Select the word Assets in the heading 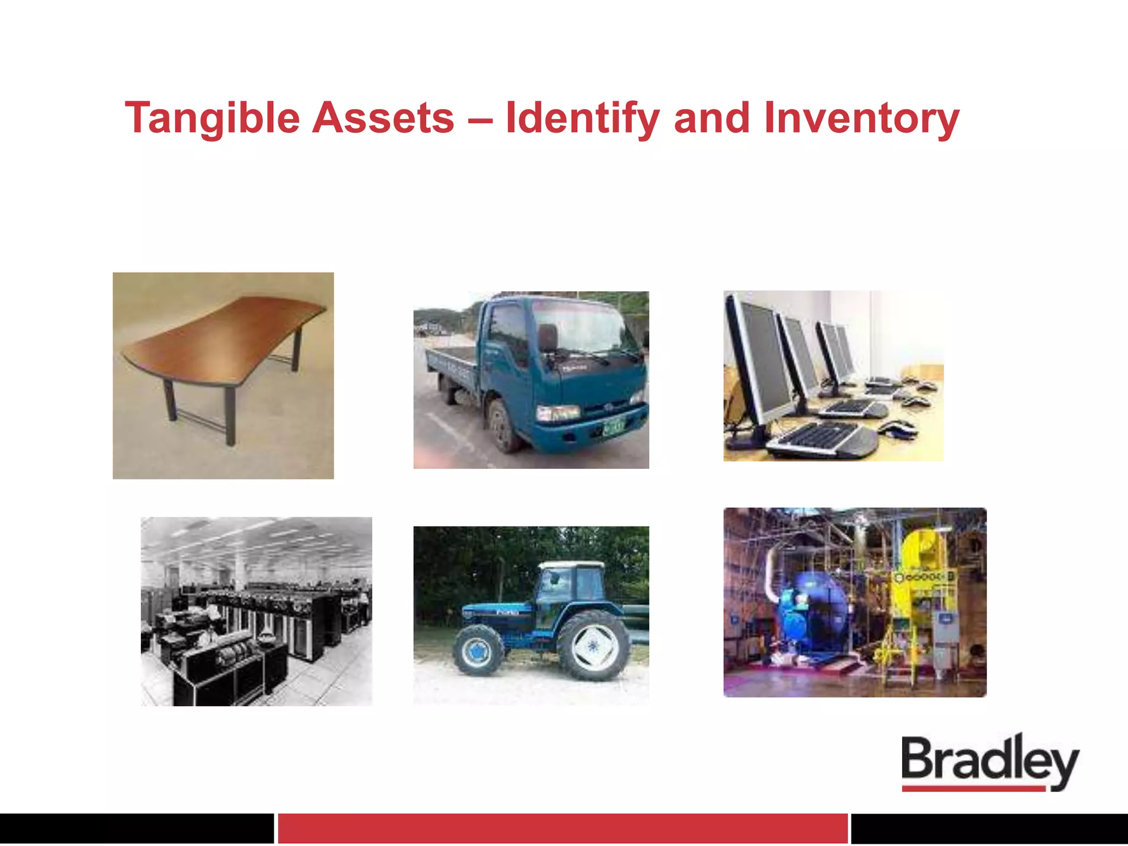pos(383,118)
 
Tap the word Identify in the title pos(582,118)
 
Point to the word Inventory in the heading pos(861,118)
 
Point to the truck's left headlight pos(558,413)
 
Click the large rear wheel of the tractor pos(594,646)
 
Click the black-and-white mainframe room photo pos(256,611)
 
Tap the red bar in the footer pos(562,828)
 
